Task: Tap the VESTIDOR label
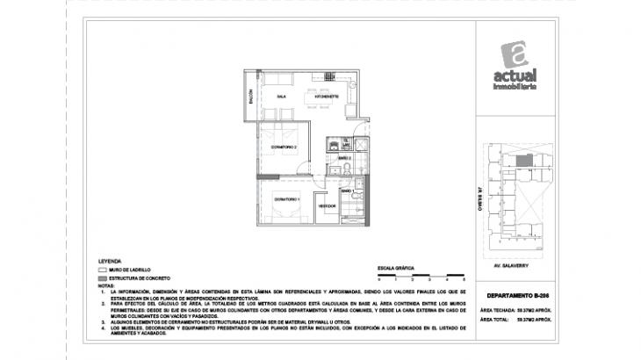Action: [328, 205]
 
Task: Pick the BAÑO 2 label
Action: [345, 158]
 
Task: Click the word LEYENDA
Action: [110, 262]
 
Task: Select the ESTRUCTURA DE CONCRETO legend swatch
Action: [102, 277]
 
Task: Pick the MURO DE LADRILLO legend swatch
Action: [102, 270]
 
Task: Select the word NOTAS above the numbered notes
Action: [107, 285]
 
